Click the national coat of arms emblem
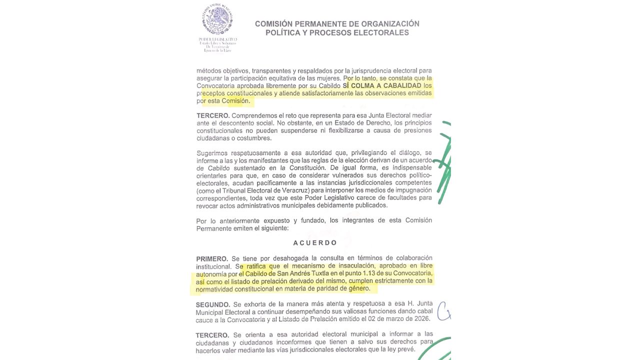tap(217, 20)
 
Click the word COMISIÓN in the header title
tap(274, 23)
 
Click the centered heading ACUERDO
tap(315, 243)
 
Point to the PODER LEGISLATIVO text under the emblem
tap(217, 39)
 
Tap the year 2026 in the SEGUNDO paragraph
tap(421, 319)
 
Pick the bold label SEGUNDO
tap(213, 304)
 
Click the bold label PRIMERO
tap(212, 259)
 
